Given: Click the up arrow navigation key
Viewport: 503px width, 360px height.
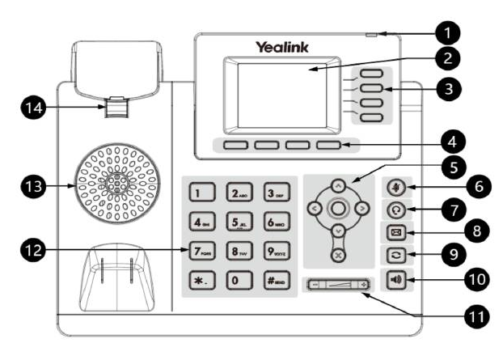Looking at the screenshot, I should [x=338, y=185].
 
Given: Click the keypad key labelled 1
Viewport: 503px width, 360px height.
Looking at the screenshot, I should [x=199, y=192].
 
